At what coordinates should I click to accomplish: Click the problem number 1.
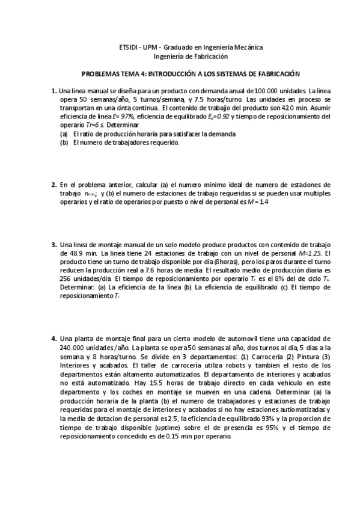coord(53,91)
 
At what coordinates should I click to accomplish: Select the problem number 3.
coord(53,245)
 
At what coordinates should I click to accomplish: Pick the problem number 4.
coord(53,339)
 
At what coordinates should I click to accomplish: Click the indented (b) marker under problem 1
coord(64,143)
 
